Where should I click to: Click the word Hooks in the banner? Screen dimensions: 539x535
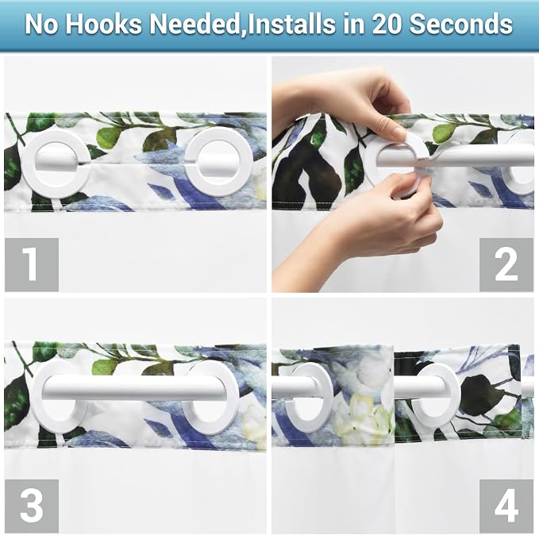103,24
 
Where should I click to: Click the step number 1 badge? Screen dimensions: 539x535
32,265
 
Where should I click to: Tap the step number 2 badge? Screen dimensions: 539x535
506,265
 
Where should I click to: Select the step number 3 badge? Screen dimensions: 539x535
32,506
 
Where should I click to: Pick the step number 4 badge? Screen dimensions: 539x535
506,506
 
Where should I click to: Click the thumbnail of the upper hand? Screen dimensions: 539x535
398,133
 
